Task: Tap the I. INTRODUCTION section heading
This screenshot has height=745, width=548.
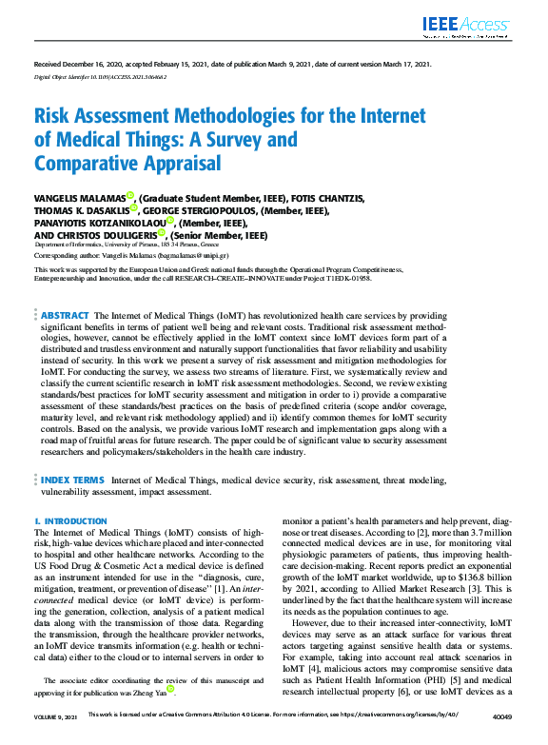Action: coord(71,521)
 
